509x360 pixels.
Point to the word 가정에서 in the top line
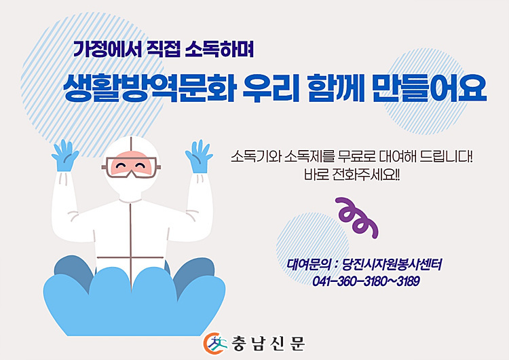(x=107, y=49)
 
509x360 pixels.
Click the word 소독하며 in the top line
(x=219, y=49)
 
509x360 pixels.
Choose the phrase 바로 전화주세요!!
(x=352, y=175)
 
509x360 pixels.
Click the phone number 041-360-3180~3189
(x=366, y=281)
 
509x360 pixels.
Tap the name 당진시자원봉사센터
(x=392, y=265)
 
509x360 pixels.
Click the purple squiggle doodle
(x=357, y=217)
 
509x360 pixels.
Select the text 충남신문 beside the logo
(x=268, y=344)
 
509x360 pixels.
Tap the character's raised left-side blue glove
(x=65, y=156)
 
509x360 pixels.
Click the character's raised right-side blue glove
(x=199, y=156)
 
